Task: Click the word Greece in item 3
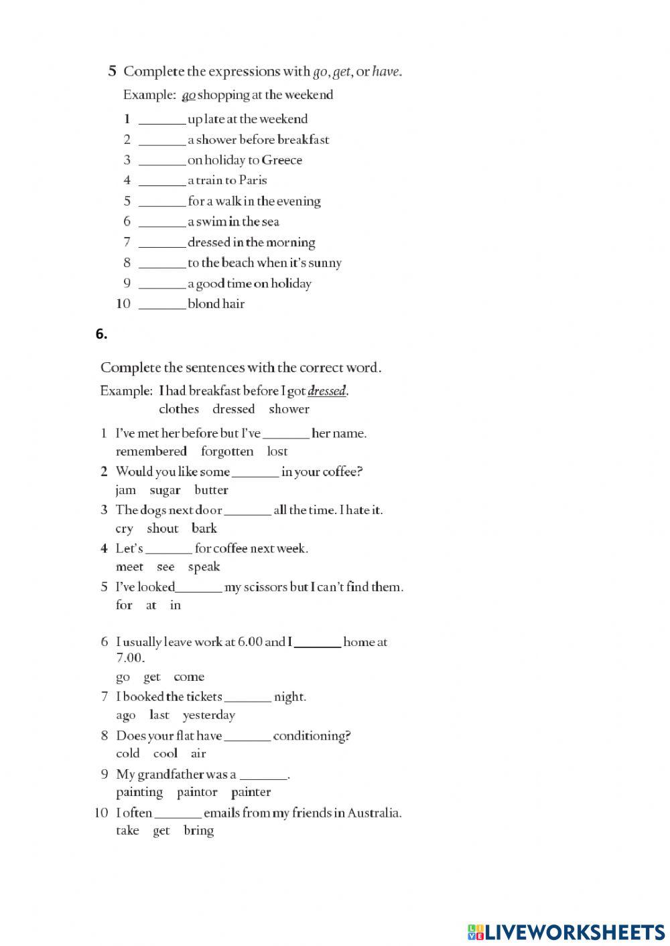(x=282, y=160)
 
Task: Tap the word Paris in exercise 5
(x=253, y=180)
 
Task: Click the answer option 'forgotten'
(x=227, y=451)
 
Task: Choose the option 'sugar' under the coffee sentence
(x=165, y=490)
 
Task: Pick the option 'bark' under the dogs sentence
(x=204, y=528)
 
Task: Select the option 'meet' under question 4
(x=129, y=567)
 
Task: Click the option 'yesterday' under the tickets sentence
(x=209, y=715)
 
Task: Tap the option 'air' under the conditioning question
(x=198, y=754)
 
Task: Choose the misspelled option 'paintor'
(x=197, y=792)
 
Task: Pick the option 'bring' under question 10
(x=198, y=831)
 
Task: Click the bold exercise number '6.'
(x=101, y=335)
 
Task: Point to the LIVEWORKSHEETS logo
(x=566, y=931)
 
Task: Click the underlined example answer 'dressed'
(x=327, y=391)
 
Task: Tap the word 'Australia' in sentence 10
(x=374, y=813)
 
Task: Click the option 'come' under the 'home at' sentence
(x=189, y=677)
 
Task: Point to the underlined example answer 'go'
(x=188, y=95)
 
